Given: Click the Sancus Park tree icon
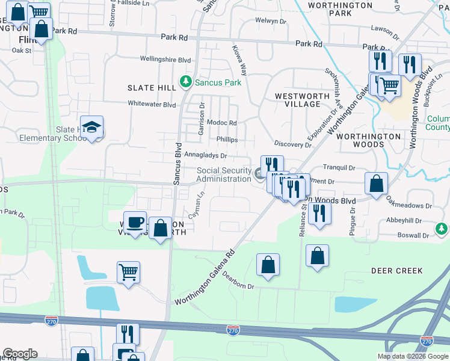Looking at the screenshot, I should [x=186, y=81].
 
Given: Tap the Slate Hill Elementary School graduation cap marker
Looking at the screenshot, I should [x=91, y=127].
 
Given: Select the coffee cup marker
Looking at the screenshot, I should [x=135, y=223].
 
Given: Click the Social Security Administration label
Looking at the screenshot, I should [x=224, y=174].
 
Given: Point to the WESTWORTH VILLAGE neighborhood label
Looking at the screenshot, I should [x=302, y=100].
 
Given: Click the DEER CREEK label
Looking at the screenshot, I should [x=396, y=271].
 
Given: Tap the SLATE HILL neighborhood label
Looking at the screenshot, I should [x=151, y=88].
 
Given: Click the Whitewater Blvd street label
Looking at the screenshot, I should [x=152, y=104].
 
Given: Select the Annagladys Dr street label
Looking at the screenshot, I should [x=205, y=155].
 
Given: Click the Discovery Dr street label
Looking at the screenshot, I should [x=292, y=144].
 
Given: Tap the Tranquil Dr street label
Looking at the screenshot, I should [x=339, y=168].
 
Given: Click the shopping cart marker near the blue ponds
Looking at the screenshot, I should [x=129, y=273].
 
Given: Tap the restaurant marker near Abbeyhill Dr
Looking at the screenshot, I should [x=319, y=214].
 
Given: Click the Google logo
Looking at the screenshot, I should [x=20, y=354].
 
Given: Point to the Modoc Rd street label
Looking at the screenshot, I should [x=221, y=123].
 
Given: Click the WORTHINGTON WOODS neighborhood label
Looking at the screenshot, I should [x=368, y=141].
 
